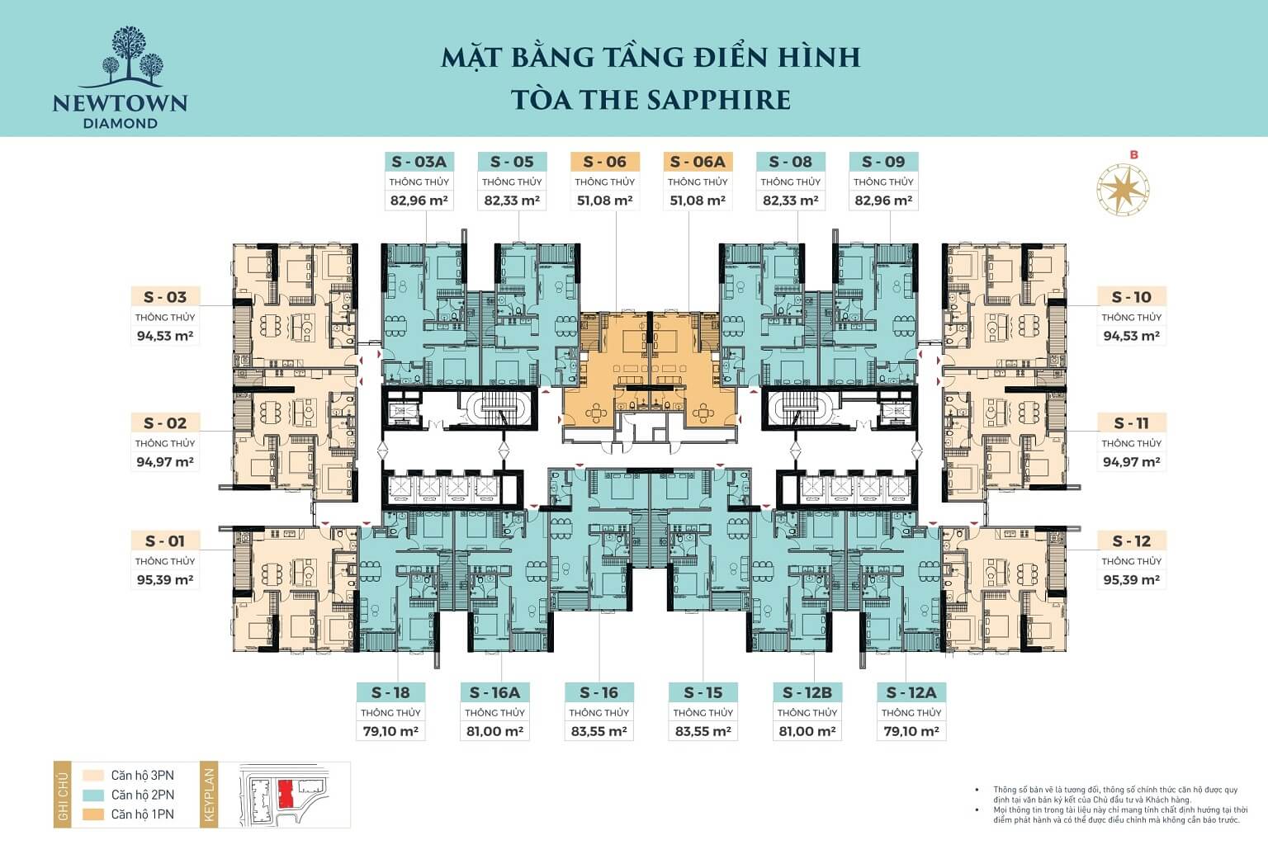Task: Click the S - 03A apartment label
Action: click(419, 162)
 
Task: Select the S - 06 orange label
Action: click(604, 162)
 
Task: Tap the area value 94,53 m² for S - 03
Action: click(165, 336)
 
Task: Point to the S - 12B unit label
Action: click(807, 692)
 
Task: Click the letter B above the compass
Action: click(1134, 154)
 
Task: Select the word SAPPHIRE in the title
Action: click(718, 99)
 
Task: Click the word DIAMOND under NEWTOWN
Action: click(121, 123)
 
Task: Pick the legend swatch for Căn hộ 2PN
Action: click(94, 795)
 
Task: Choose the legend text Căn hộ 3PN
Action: click(142, 776)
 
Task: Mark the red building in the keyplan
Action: click(286, 794)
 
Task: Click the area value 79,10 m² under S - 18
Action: click(390, 731)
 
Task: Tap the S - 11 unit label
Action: click(1131, 423)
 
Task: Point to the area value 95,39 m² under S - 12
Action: click(1131, 580)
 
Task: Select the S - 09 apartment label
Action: click(882, 162)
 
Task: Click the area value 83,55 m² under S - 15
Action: click(703, 731)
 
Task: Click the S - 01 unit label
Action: click(165, 541)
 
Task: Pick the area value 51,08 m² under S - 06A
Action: click(698, 201)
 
